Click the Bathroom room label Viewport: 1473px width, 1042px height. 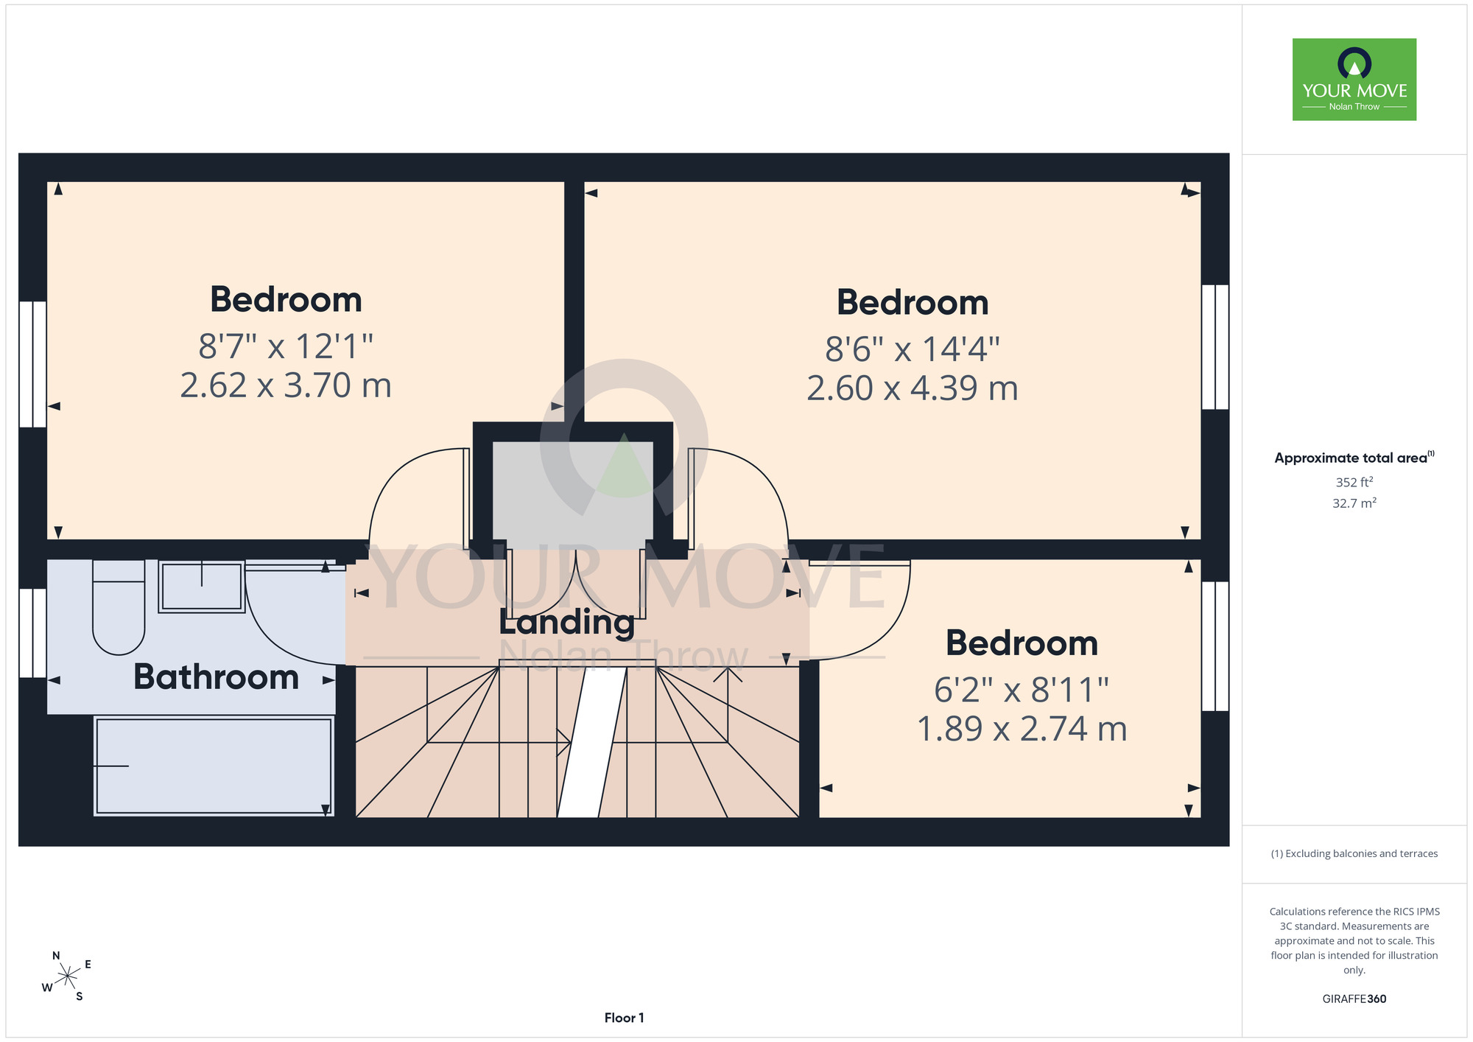[216, 676]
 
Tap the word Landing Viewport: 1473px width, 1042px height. [567, 622]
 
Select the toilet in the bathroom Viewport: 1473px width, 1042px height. [119, 606]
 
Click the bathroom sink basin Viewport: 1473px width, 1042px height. [201, 587]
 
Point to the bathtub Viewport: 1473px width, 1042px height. [214, 766]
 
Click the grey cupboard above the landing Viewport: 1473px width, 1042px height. [572, 495]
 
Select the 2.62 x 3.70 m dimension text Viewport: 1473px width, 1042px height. [286, 385]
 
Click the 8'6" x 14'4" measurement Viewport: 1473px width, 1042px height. [913, 349]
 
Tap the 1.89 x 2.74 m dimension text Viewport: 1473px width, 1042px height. [1022, 729]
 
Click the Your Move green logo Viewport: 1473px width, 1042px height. [1354, 80]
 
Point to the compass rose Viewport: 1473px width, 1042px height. [67, 976]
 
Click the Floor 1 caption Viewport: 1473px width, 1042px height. [624, 1018]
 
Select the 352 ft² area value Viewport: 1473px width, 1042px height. [1354, 482]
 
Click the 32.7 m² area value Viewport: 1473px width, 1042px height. [1354, 503]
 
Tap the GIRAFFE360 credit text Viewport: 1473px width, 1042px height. [1354, 999]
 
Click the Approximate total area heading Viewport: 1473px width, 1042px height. [1354, 457]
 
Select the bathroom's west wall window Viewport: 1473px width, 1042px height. [33, 633]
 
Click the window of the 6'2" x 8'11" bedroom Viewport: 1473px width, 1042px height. [1215, 646]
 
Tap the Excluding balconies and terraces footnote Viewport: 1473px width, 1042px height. [1354, 853]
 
